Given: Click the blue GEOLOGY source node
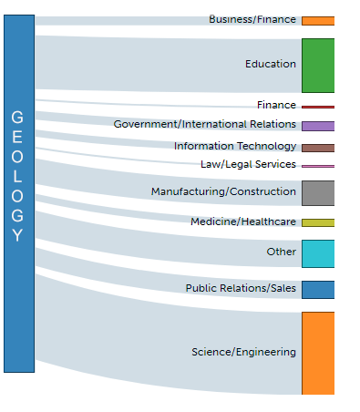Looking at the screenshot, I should pyautogui.click(x=18, y=193).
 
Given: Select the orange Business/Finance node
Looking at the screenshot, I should pyautogui.click(x=317, y=20).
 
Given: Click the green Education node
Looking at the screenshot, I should pyautogui.click(x=317, y=65).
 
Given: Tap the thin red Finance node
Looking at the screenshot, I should pyautogui.click(x=317, y=107).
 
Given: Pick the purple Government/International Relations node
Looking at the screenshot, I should pyautogui.click(x=317, y=126).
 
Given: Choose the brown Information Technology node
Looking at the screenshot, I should pyautogui.click(x=317, y=148).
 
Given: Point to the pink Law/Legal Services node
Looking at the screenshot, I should pyautogui.click(x=317, y=166).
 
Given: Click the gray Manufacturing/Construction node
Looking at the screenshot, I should pyautogui.click(x=317, y=192).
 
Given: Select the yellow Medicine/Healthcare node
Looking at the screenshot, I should pyautogui.click(x=317, y=222).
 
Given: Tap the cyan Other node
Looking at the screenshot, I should pyautogui.click(x=317, y=253).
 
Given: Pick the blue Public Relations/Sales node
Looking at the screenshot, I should pyautogui.click(x=317, y=290).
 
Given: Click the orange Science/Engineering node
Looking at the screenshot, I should pyautogui.click(x=317, y=353).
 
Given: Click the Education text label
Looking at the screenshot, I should pyautogui.click(x=271, y=65).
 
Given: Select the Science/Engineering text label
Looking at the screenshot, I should pyautogui.click(x=243, y=352).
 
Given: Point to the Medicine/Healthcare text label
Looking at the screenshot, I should pyautogui.click(x=243, y=222).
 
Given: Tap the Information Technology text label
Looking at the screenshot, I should pyautogui.click(x=235, y=146).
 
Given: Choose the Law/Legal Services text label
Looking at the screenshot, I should pyautogui.click(x=248, y=164).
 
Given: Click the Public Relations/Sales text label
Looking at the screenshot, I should pyautogui.click(x=241, y=289).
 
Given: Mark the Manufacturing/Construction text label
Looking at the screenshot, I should pyautogui.click(x=223, y=191).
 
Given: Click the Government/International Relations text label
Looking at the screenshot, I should pyautogui.click(x=205, y=124).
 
